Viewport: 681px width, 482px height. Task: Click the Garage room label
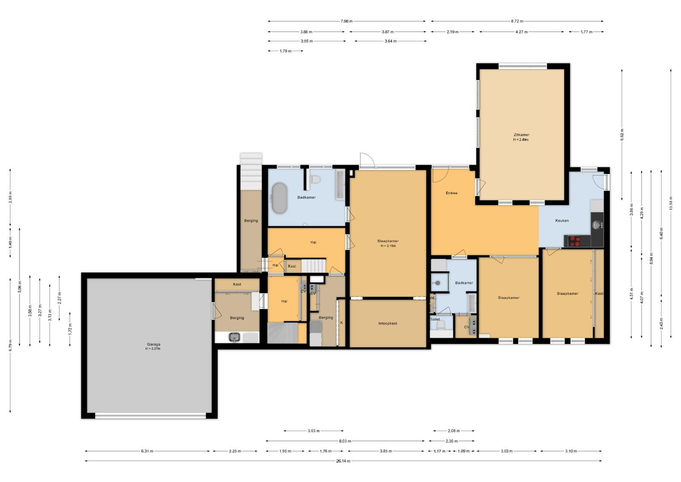click(154, 344)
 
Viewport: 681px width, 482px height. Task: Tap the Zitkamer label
click(521, 135)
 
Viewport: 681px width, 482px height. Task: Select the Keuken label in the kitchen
click(562, 220)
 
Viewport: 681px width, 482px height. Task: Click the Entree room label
click(452, 193)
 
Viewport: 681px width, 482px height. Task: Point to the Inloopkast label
click(388, 323)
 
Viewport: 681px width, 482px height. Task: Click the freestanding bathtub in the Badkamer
click(279, 198)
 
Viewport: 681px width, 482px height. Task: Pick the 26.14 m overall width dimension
click(343, 461)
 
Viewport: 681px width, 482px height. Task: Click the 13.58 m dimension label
click(671, 203)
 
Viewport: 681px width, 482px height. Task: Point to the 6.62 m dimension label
click(622, 135)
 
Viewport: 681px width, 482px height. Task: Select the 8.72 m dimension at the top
click(517, 21)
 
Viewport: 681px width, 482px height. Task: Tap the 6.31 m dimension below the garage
click(147, 451)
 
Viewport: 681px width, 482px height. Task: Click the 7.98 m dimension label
click(346, 21)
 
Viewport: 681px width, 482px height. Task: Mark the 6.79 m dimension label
click(10, 345)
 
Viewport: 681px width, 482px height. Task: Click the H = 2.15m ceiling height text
click(388, 246)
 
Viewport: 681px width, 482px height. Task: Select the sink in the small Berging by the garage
click(235, 337)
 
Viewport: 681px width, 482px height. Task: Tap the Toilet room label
click(435, 319)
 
